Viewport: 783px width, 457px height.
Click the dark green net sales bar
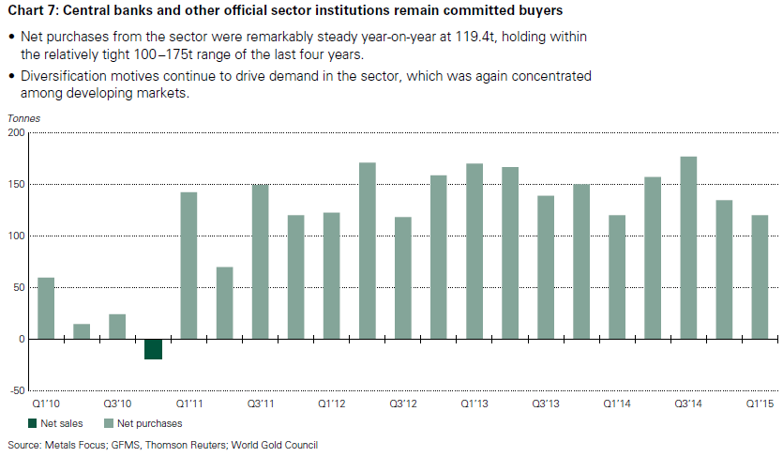click(x=153, y=348)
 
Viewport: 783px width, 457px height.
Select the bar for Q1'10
click(x=46, y=308)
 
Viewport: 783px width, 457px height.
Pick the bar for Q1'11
click(x=188, y=266)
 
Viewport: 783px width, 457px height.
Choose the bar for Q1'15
click(x=759, y=277)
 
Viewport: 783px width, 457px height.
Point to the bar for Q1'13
click(x=474, y=251)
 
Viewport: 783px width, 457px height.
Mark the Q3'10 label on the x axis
click(x=117, y=403)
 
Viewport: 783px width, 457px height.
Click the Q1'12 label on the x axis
click(x=331, y=403)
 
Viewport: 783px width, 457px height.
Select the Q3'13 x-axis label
click(x=545, y=403)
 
